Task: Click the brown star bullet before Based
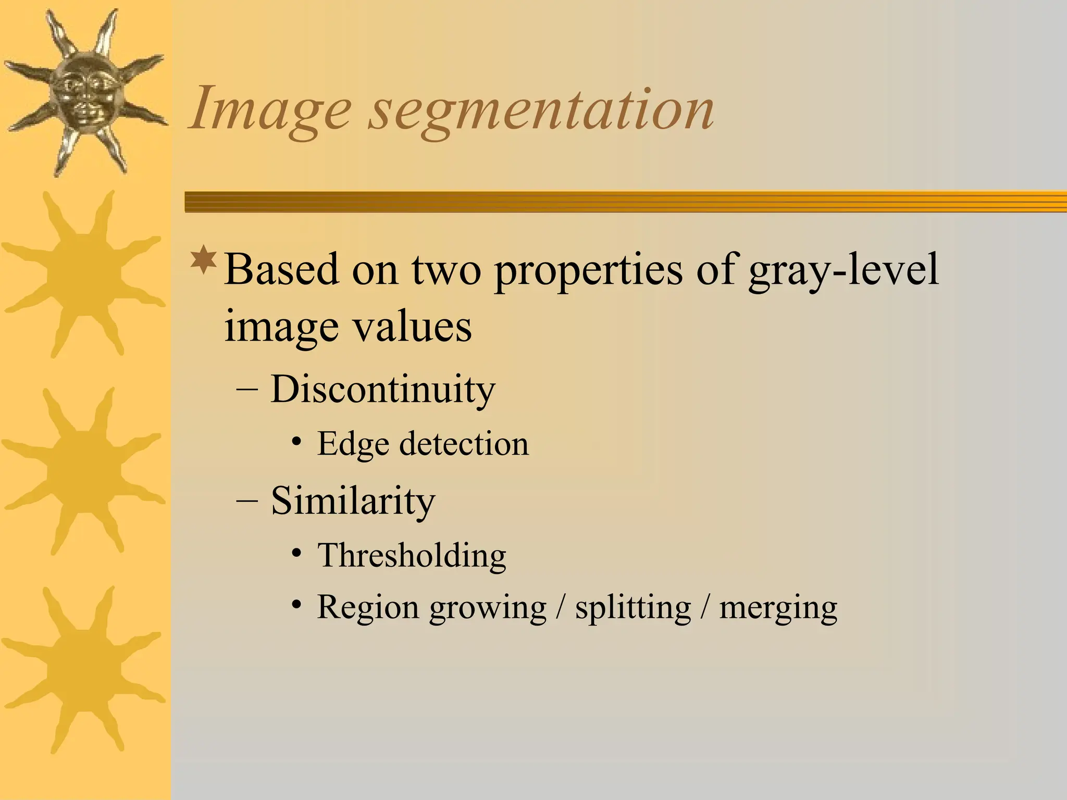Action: click(x=204, y=261)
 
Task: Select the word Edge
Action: click(x=353, y=445)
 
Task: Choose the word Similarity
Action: click(x=353, y=501)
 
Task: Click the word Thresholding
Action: click(x=412, y=555)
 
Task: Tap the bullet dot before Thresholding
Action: click(x=296, y=553)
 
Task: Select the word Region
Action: click(x=368, y=608)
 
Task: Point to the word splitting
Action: click(x=632, y=608)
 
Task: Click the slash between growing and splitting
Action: click(x=560, y=607)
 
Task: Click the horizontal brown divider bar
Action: click(x=625, y=202)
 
